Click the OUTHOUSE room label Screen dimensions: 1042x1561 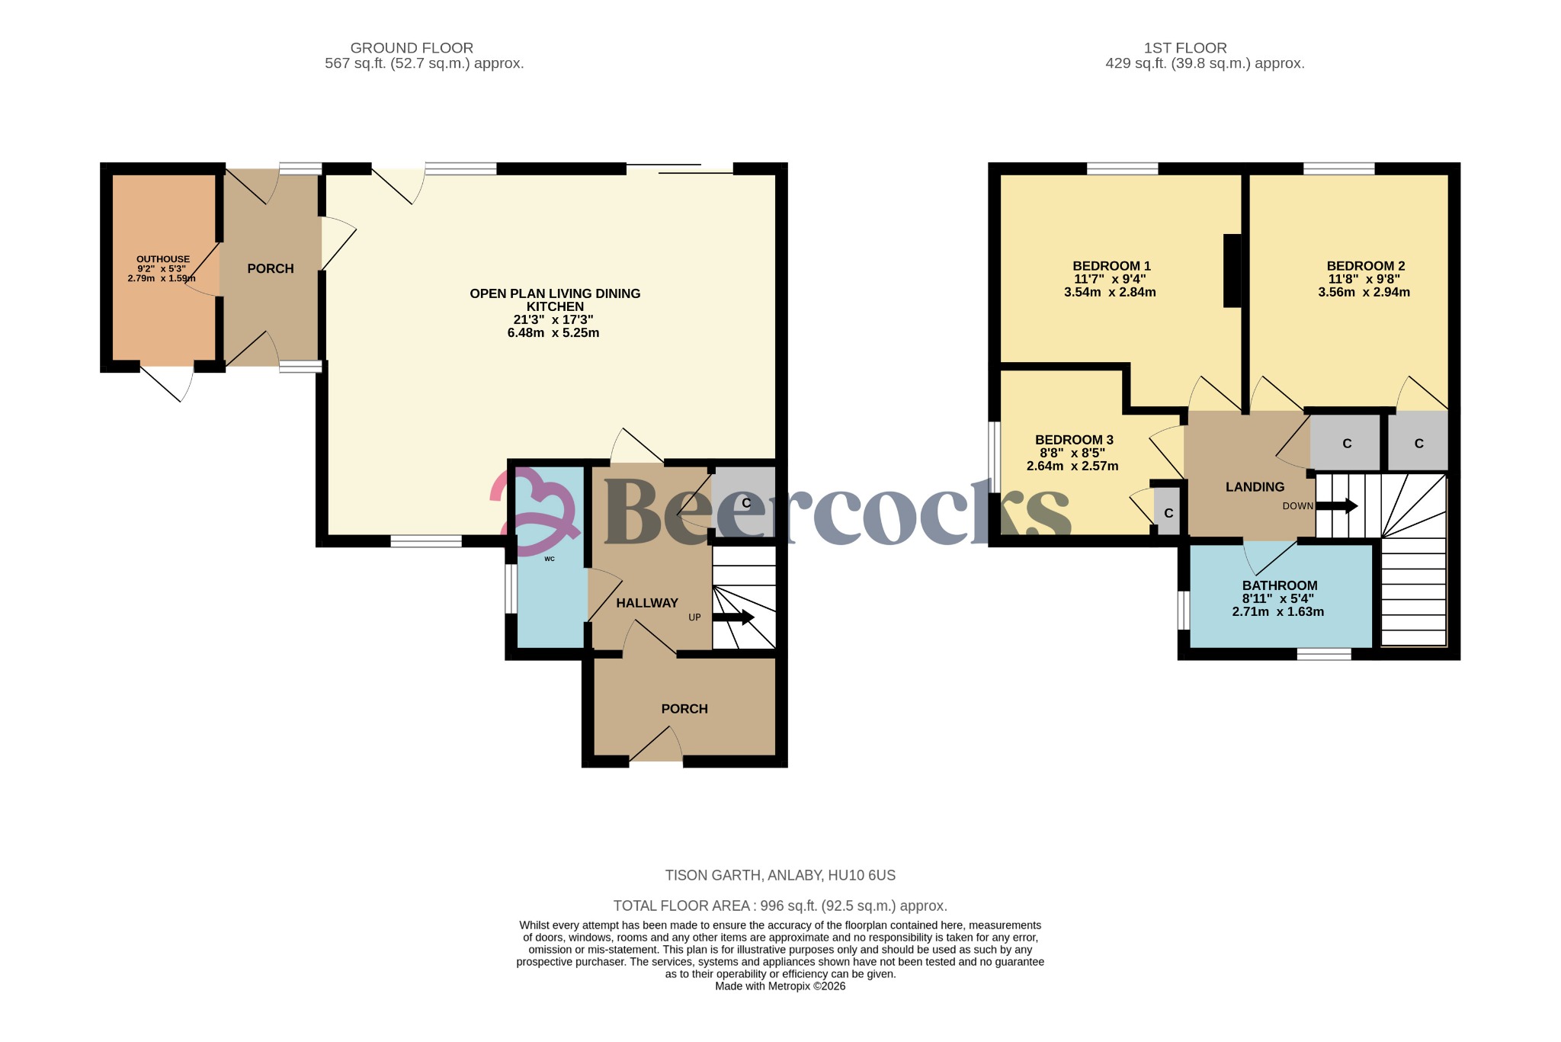[x=162, y=259]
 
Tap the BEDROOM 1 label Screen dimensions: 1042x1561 [x=1111, y=266]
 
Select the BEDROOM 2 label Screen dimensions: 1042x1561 [x=1365, y=266]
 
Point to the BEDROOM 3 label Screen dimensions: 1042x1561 [x=1074, y=440]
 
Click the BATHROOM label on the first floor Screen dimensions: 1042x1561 [x=1279, y=585]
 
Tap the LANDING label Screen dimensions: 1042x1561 [x=1255, y=487]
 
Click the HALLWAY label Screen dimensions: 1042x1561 [x=646, y=603]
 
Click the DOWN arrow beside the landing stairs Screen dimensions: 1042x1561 [x=1336, y=505]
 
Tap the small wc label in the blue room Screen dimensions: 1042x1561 [x=550, y=559]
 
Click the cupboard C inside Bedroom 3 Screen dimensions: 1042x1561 [x=1168, y=513]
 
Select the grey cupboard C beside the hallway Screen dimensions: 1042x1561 [x=746, y=503]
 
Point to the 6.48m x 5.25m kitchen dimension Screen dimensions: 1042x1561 [x=553, y=333]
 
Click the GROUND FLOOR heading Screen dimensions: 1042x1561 [x=412, y=48]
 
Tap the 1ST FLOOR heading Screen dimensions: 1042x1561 [x=1185, y=48]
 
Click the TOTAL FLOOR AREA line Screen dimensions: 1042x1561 [x=780, y=906]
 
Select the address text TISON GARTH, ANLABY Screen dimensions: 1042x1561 [x=780, y=875]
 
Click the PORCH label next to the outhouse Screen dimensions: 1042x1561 [x=270, y=268]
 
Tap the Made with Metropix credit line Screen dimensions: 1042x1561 [x=780, y=986]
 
